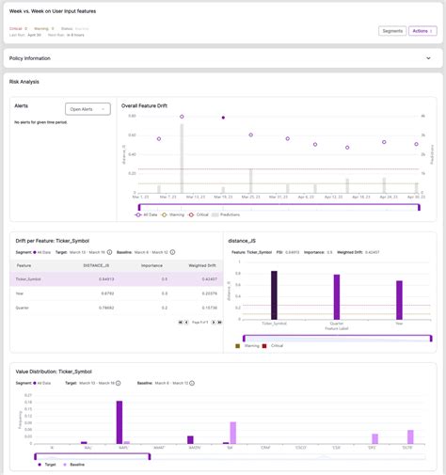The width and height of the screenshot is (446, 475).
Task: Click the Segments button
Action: click(391, 31)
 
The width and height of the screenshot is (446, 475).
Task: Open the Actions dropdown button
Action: click(422, 31)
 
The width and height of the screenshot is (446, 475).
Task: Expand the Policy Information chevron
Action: click(428, 57)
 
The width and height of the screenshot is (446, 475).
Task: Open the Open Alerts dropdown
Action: click(88, 109)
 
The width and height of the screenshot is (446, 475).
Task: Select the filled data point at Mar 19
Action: click(223, 118)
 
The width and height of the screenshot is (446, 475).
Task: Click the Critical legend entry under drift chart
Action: click(196, 214)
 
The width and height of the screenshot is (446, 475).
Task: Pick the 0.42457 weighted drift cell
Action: click(205, 279)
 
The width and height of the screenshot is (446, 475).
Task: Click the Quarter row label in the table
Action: click(24, 307)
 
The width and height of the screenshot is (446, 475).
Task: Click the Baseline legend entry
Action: click(72, 465)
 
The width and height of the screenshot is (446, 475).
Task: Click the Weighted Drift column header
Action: click(203, 266)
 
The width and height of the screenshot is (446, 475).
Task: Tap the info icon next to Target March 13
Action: click(108, 252)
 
